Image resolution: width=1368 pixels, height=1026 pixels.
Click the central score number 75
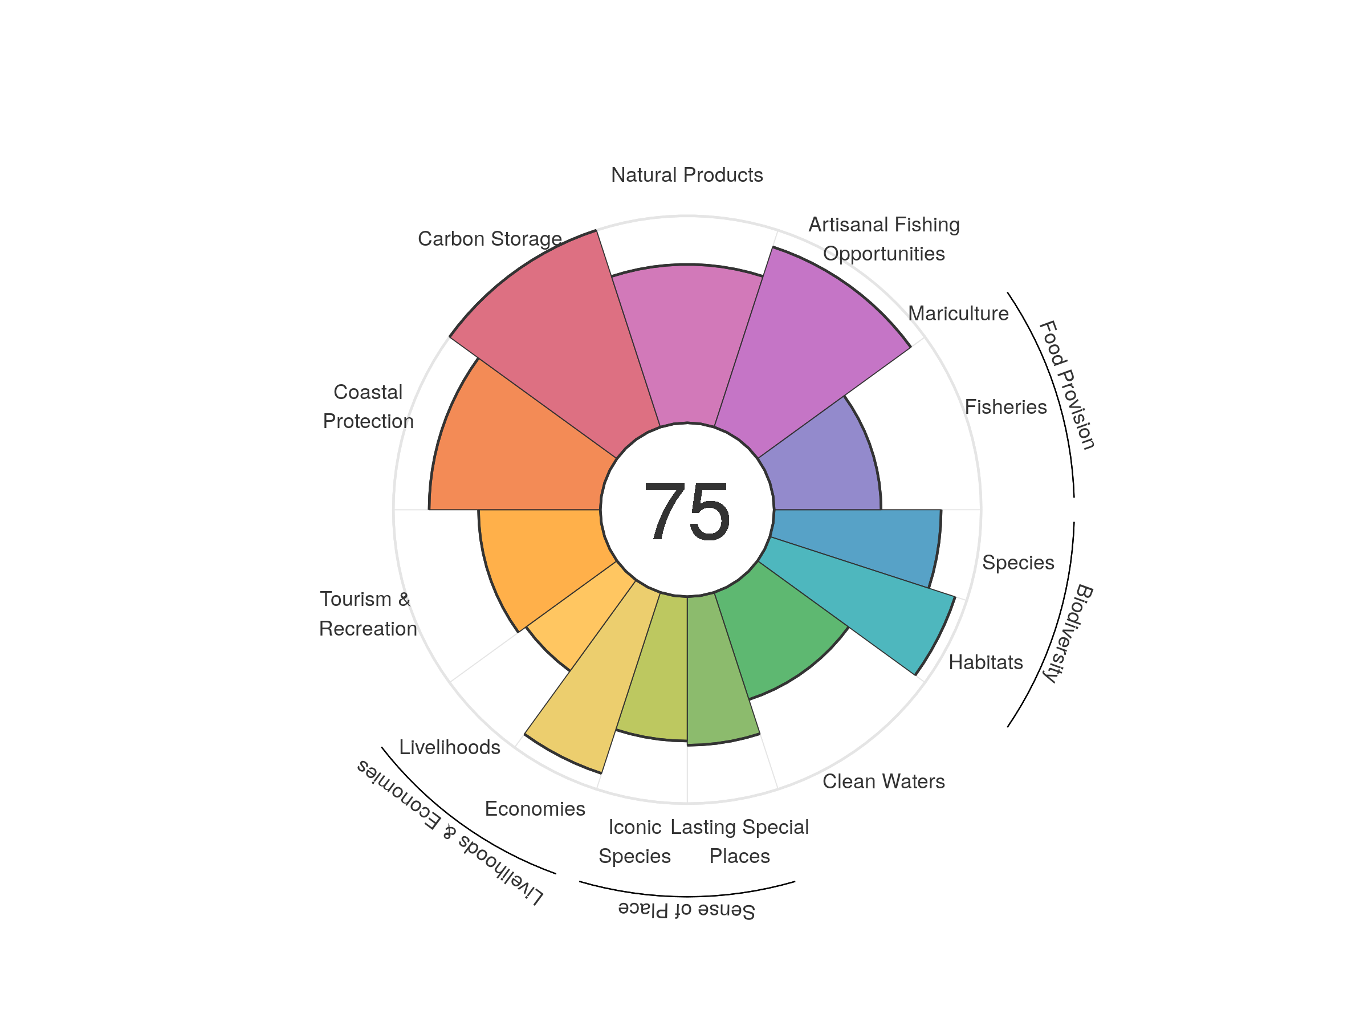pyautogui.click(x=686, y=511)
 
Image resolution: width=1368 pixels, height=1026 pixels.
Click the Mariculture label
pyautogui.click(x=958, y=313)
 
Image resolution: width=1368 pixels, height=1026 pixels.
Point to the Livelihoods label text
pyautogui.click(x=450, y=747)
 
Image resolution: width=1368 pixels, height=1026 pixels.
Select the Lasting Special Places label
pyautogui.click(x=739, y=841)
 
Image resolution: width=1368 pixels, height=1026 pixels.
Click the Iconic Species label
pyautogui.click(x=634, y=841)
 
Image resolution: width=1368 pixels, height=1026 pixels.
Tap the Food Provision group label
pyautogui.click(x=1068, y=385)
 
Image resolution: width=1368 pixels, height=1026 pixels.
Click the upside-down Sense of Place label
pyautogui.click(x=686, y=910)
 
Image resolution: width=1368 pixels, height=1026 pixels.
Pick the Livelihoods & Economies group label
pyautogui.click(x=450, y=832)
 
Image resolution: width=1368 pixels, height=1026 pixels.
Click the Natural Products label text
pyautogui.click(x=686, y=175)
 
